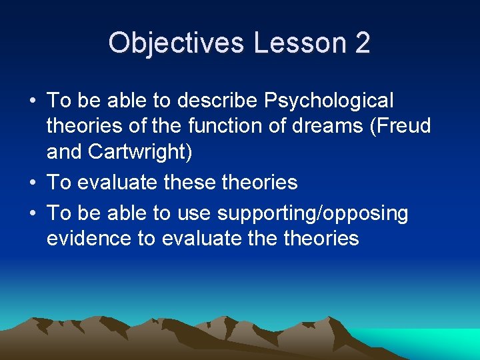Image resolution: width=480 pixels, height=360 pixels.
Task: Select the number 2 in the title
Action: [363, 43]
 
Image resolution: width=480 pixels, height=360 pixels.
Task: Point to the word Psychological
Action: [329, 101]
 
